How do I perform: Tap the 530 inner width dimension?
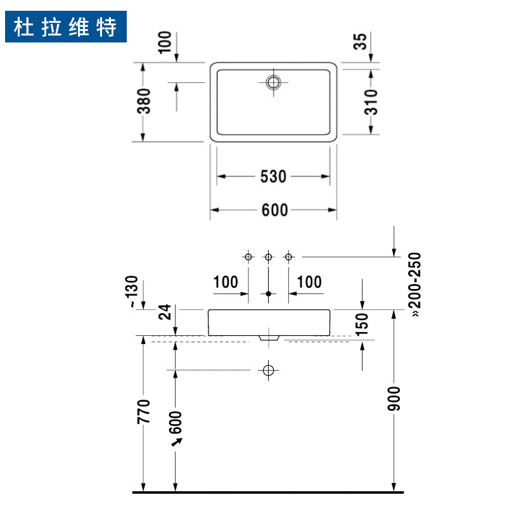pyautogui.click(x=273, y=177)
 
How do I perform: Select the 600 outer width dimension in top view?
pyautogui.click(x=274, y=210)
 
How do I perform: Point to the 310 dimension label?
pyautogui.click(x=371, y=101)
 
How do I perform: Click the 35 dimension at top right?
pyautogui.click(x=360, y=42)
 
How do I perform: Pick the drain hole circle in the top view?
pyautogui.click(x=274, y=82)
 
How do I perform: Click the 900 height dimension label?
pyautogui.click(x=394, y=398)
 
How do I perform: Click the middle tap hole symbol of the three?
pyautogui.click(x=269, y=257)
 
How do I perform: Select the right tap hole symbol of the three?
pyautogui.click(x=289, y=257)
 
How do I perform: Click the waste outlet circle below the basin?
pyautogui.click(x=269, y=369)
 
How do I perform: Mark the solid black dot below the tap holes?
pyautogui.click(x=269, y=293)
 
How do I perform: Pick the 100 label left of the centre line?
pyautogui.click(x=226, y=282)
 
